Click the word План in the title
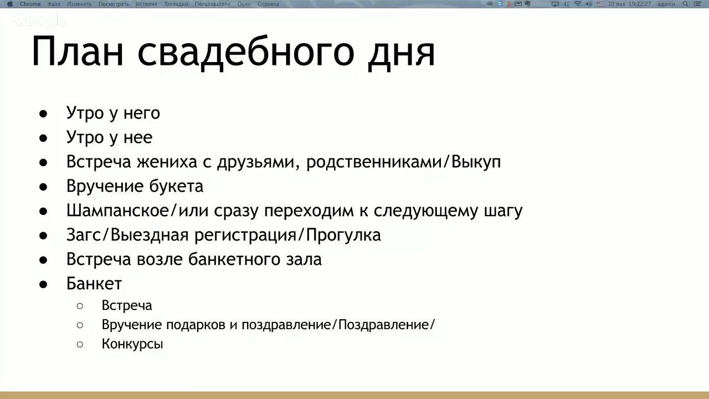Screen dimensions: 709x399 [x=78, y=52]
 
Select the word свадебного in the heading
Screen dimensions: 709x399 [x=246, y=53]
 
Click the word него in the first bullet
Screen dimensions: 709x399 [x=142, y=114]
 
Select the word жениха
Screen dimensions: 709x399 [x=167, y=162]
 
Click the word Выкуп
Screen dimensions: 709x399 [x=476, y=162]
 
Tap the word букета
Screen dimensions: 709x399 [x=176, y=186]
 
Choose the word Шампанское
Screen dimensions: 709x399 [x=118, y=211]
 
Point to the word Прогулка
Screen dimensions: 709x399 [x=343, y=236]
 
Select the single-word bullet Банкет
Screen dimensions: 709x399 [x=94, y=284]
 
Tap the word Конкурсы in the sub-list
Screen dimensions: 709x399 [x=132, y=344]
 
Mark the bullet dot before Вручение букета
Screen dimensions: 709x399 [x=43, y=187]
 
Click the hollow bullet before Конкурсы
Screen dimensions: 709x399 [x=80, y=344]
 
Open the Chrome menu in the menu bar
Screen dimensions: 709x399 [x=30, y=4]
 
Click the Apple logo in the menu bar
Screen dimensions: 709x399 [x=10, y=4]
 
